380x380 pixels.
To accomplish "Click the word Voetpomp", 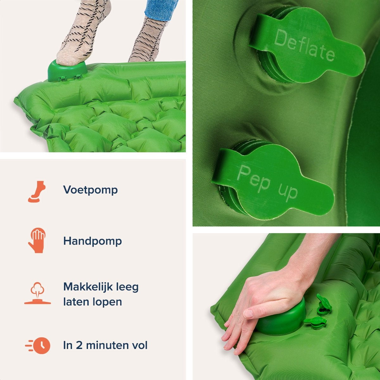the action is tap(91, 190).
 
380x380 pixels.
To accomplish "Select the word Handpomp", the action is tap(92, 241).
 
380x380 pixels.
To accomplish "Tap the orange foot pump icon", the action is tap(37, 192).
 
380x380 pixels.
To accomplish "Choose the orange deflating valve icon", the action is tap(37, 293).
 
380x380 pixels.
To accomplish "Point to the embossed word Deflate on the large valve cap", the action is tap(304, 45).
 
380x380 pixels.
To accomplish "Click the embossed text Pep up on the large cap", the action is tap(267, 182).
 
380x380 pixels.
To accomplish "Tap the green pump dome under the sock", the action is tap(67, 71).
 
